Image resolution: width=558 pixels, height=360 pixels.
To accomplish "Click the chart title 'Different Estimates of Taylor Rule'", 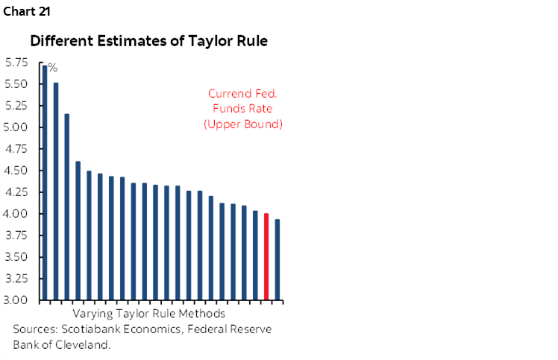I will (148, 42).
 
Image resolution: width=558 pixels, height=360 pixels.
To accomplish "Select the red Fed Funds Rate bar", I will (266, 256).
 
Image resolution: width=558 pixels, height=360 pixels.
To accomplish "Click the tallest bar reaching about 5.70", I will (45, 183).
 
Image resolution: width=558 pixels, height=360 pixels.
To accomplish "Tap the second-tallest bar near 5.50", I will (56, 191).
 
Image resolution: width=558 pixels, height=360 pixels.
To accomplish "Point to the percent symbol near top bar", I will (53, 68).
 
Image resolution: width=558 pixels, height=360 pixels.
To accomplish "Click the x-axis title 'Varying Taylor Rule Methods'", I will (149, 313).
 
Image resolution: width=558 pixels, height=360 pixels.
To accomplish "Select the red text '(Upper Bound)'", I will (243, 124).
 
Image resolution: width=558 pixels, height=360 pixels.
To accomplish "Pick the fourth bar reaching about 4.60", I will (78, 230).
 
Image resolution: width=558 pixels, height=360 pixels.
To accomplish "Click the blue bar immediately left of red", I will (255, 256).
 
